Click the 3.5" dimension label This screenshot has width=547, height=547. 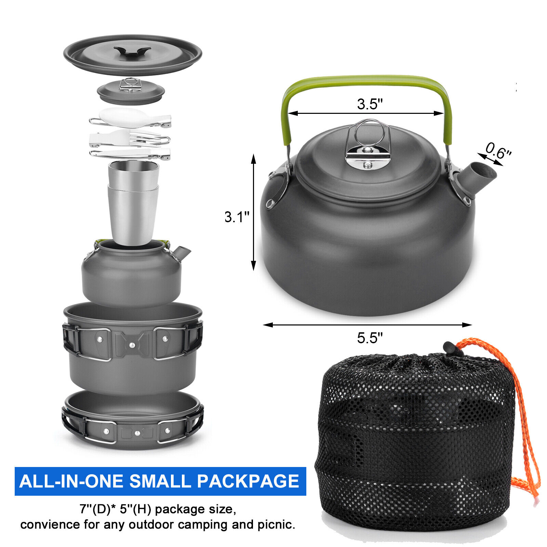coord(370,104)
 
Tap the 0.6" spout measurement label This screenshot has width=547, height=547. coord(498,151)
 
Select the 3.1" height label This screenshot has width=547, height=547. coord(237,217)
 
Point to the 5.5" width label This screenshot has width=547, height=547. coord(370,338)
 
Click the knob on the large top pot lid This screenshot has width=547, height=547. coord(132,51)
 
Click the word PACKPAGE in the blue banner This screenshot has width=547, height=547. coord(248,481)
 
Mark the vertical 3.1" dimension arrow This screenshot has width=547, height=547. coord(253,212)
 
